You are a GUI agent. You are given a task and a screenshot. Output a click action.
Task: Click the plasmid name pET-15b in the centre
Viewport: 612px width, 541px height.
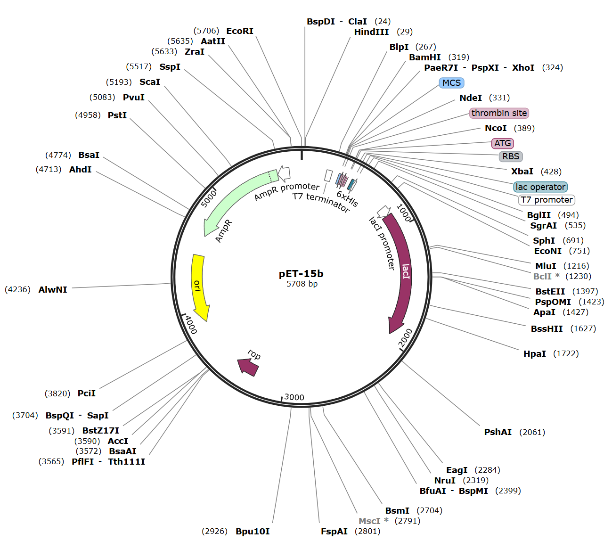tap(301, 274)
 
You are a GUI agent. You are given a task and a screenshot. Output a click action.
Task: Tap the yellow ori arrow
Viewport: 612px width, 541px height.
tap(199, 287)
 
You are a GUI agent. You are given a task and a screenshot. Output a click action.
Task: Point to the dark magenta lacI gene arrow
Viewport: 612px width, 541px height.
tap(401, 273)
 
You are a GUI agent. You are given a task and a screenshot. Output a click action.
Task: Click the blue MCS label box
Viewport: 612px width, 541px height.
tap(451, 83)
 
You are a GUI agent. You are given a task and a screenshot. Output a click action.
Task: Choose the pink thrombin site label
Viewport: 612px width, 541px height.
tap(499, 113)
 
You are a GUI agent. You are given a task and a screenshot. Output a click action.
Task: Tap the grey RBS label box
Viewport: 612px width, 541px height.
tap(511, 156)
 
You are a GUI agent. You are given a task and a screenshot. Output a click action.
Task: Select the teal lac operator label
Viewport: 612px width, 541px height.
tap(540, 187)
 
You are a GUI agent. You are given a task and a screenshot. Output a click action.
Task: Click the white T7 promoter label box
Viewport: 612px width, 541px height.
tap(547, 200)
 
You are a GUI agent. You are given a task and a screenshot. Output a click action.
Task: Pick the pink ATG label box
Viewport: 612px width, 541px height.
tap(502, 143)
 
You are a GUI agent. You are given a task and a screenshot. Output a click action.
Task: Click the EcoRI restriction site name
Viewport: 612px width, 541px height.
tap(240, 31)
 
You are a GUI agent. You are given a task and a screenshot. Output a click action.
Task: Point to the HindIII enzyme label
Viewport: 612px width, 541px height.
tap(371, 32)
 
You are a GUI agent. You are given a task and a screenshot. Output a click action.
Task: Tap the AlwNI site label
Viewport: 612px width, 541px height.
tap(53, 290)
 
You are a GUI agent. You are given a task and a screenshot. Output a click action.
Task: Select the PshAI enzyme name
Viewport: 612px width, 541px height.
tap(498, 432)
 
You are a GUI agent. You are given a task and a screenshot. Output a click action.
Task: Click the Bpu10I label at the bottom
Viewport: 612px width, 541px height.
tap(253, 532)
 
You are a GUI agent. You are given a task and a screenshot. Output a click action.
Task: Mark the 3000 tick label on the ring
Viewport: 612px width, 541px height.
tap(294, 397)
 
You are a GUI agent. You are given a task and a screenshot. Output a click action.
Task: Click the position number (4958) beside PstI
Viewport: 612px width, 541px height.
tap(88, 115)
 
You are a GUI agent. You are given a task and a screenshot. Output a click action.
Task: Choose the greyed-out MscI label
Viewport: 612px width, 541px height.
tap(369, 521)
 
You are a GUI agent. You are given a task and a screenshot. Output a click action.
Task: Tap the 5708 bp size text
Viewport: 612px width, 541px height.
tap(302, 284)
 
